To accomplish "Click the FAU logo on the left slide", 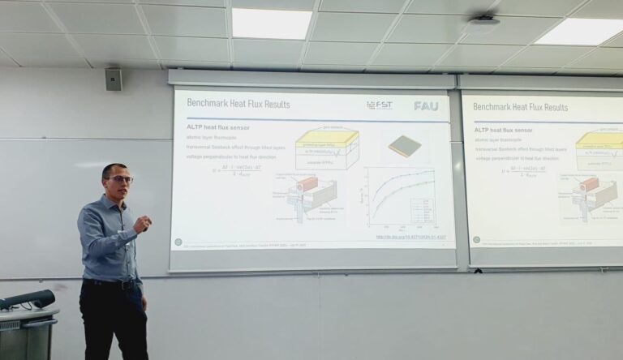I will (426, 105).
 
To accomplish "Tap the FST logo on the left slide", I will (380, 105).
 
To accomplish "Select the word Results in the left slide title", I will (295, 104).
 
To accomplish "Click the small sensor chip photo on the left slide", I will (403, 146).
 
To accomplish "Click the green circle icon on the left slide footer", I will (178, 242).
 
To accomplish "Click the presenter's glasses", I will (119, 179).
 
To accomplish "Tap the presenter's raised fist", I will (144, 223).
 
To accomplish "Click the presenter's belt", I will (113, 284).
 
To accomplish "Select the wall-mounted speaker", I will (113, 79).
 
